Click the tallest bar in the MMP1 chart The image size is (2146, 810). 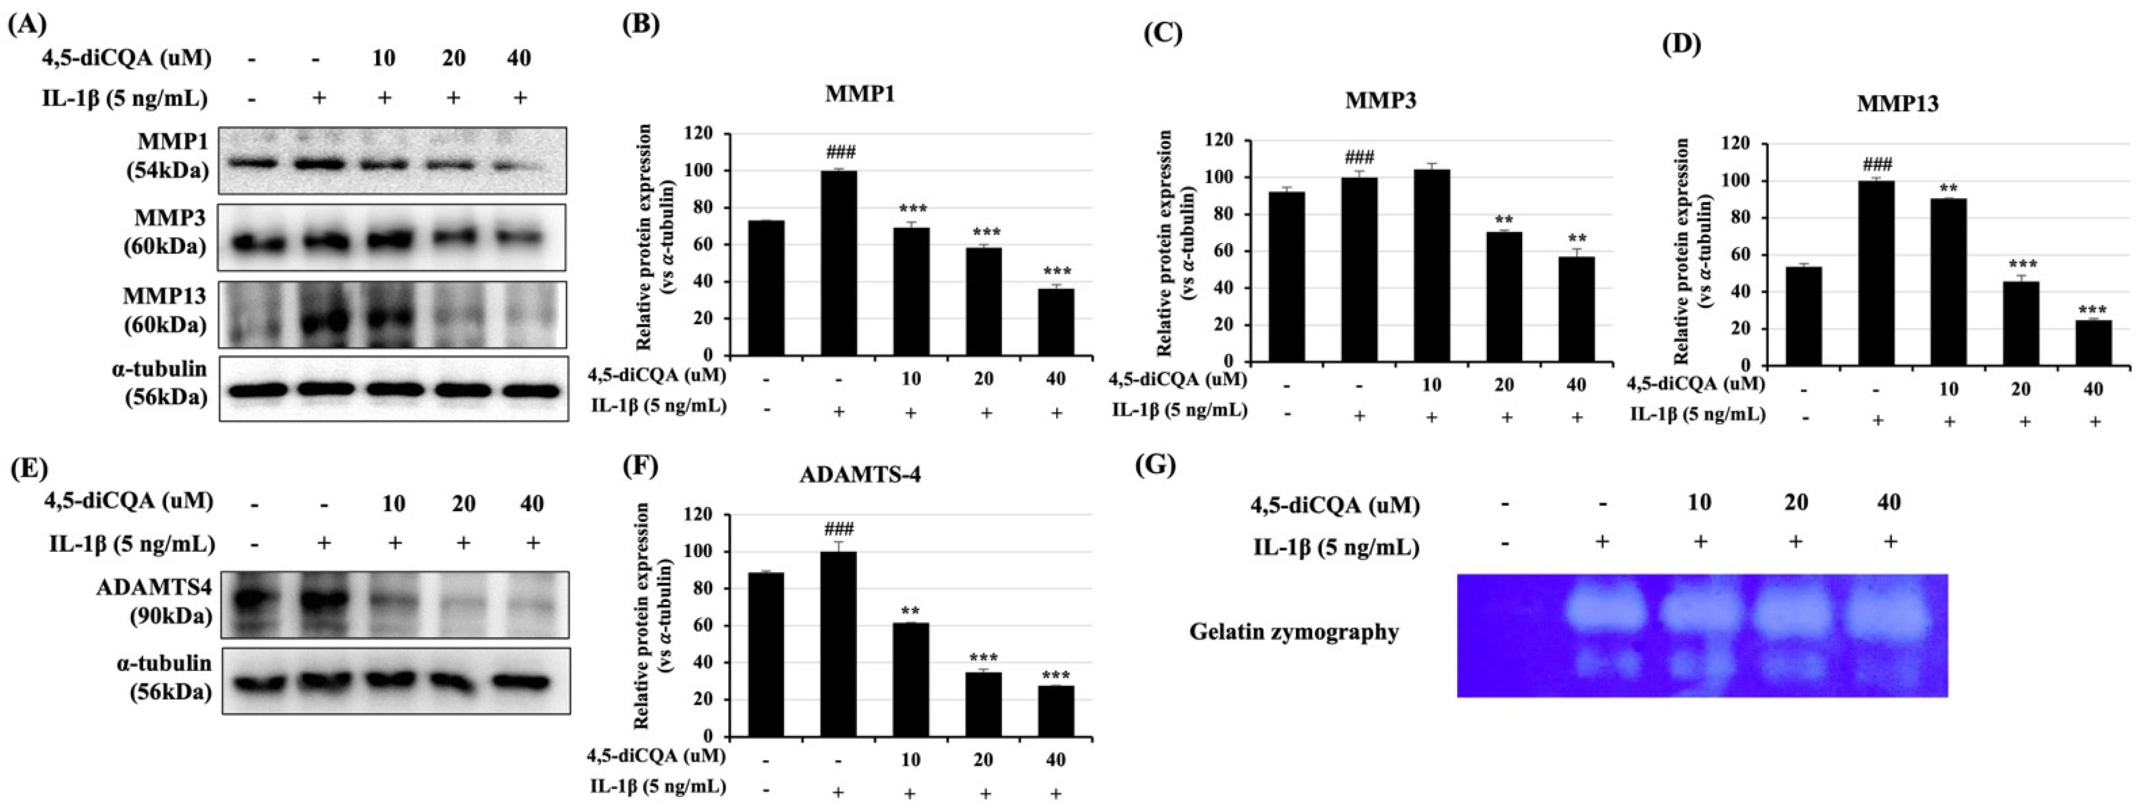pyautogui.click(x=838, y=263)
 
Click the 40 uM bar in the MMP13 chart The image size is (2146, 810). pyautogui.click(x=2093, y=343)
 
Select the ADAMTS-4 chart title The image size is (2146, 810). pyautogui.click(x=860, y=475)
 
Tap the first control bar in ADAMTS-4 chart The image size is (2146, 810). pyautogui.click(x=766, y=654)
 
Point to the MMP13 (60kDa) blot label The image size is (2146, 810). pyautogui.click(x=166, y=310)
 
